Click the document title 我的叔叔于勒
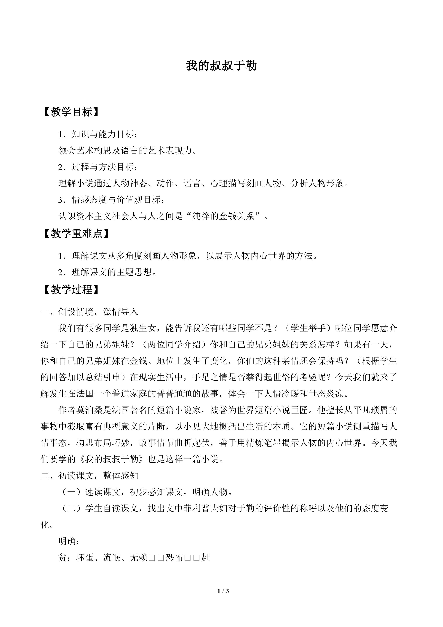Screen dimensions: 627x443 (221, 66)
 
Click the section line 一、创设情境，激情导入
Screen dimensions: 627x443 (89, 312)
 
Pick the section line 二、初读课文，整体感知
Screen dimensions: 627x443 (89, 475)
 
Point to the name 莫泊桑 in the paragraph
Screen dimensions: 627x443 (90, 410)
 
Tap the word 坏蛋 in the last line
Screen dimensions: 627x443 (85, 557)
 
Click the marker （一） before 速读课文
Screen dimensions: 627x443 (71, 492)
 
